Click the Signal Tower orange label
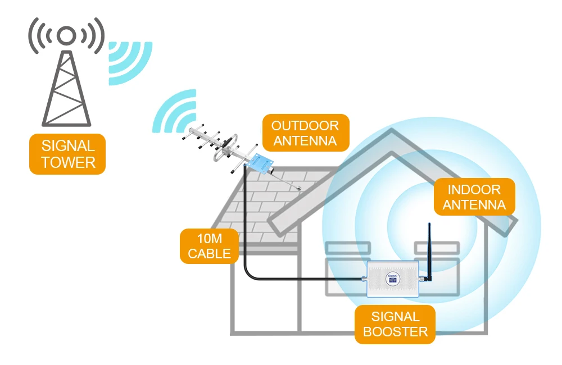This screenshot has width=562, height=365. (68, 154)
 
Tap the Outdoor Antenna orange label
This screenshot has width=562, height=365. (305, 133)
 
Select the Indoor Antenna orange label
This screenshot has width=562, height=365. (474, 197)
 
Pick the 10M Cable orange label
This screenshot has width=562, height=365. (209, 246)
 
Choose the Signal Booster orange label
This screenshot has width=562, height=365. (395, 324)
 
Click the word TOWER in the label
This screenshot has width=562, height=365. (68, 162)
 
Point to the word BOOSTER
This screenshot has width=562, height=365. (395, 331)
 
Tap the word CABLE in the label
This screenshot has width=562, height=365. (209, 254)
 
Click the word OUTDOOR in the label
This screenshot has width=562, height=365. (305, 125)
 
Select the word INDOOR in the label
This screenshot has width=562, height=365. (474, 189)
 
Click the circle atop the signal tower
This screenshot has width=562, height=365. (67, 36)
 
